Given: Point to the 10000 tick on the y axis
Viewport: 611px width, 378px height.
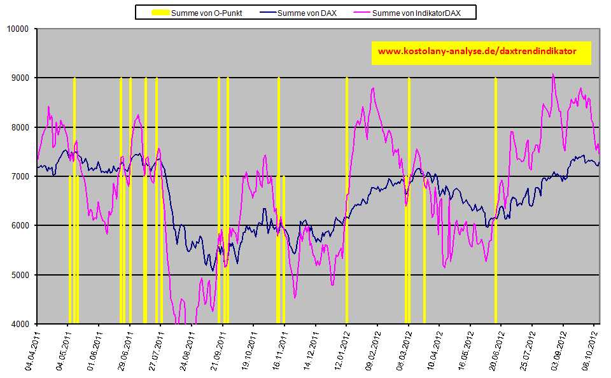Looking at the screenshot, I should [19, 29].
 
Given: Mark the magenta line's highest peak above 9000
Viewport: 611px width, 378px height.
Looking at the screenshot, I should [553, 74].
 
